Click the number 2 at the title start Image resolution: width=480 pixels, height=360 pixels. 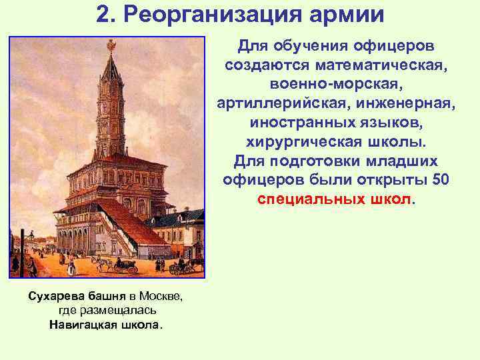tap(103, 14)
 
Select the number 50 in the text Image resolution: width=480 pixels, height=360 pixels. tap(441, 181)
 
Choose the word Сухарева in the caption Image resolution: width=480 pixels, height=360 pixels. tap(57, 295)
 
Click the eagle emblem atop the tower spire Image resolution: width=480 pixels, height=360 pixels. tap(111, 44)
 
